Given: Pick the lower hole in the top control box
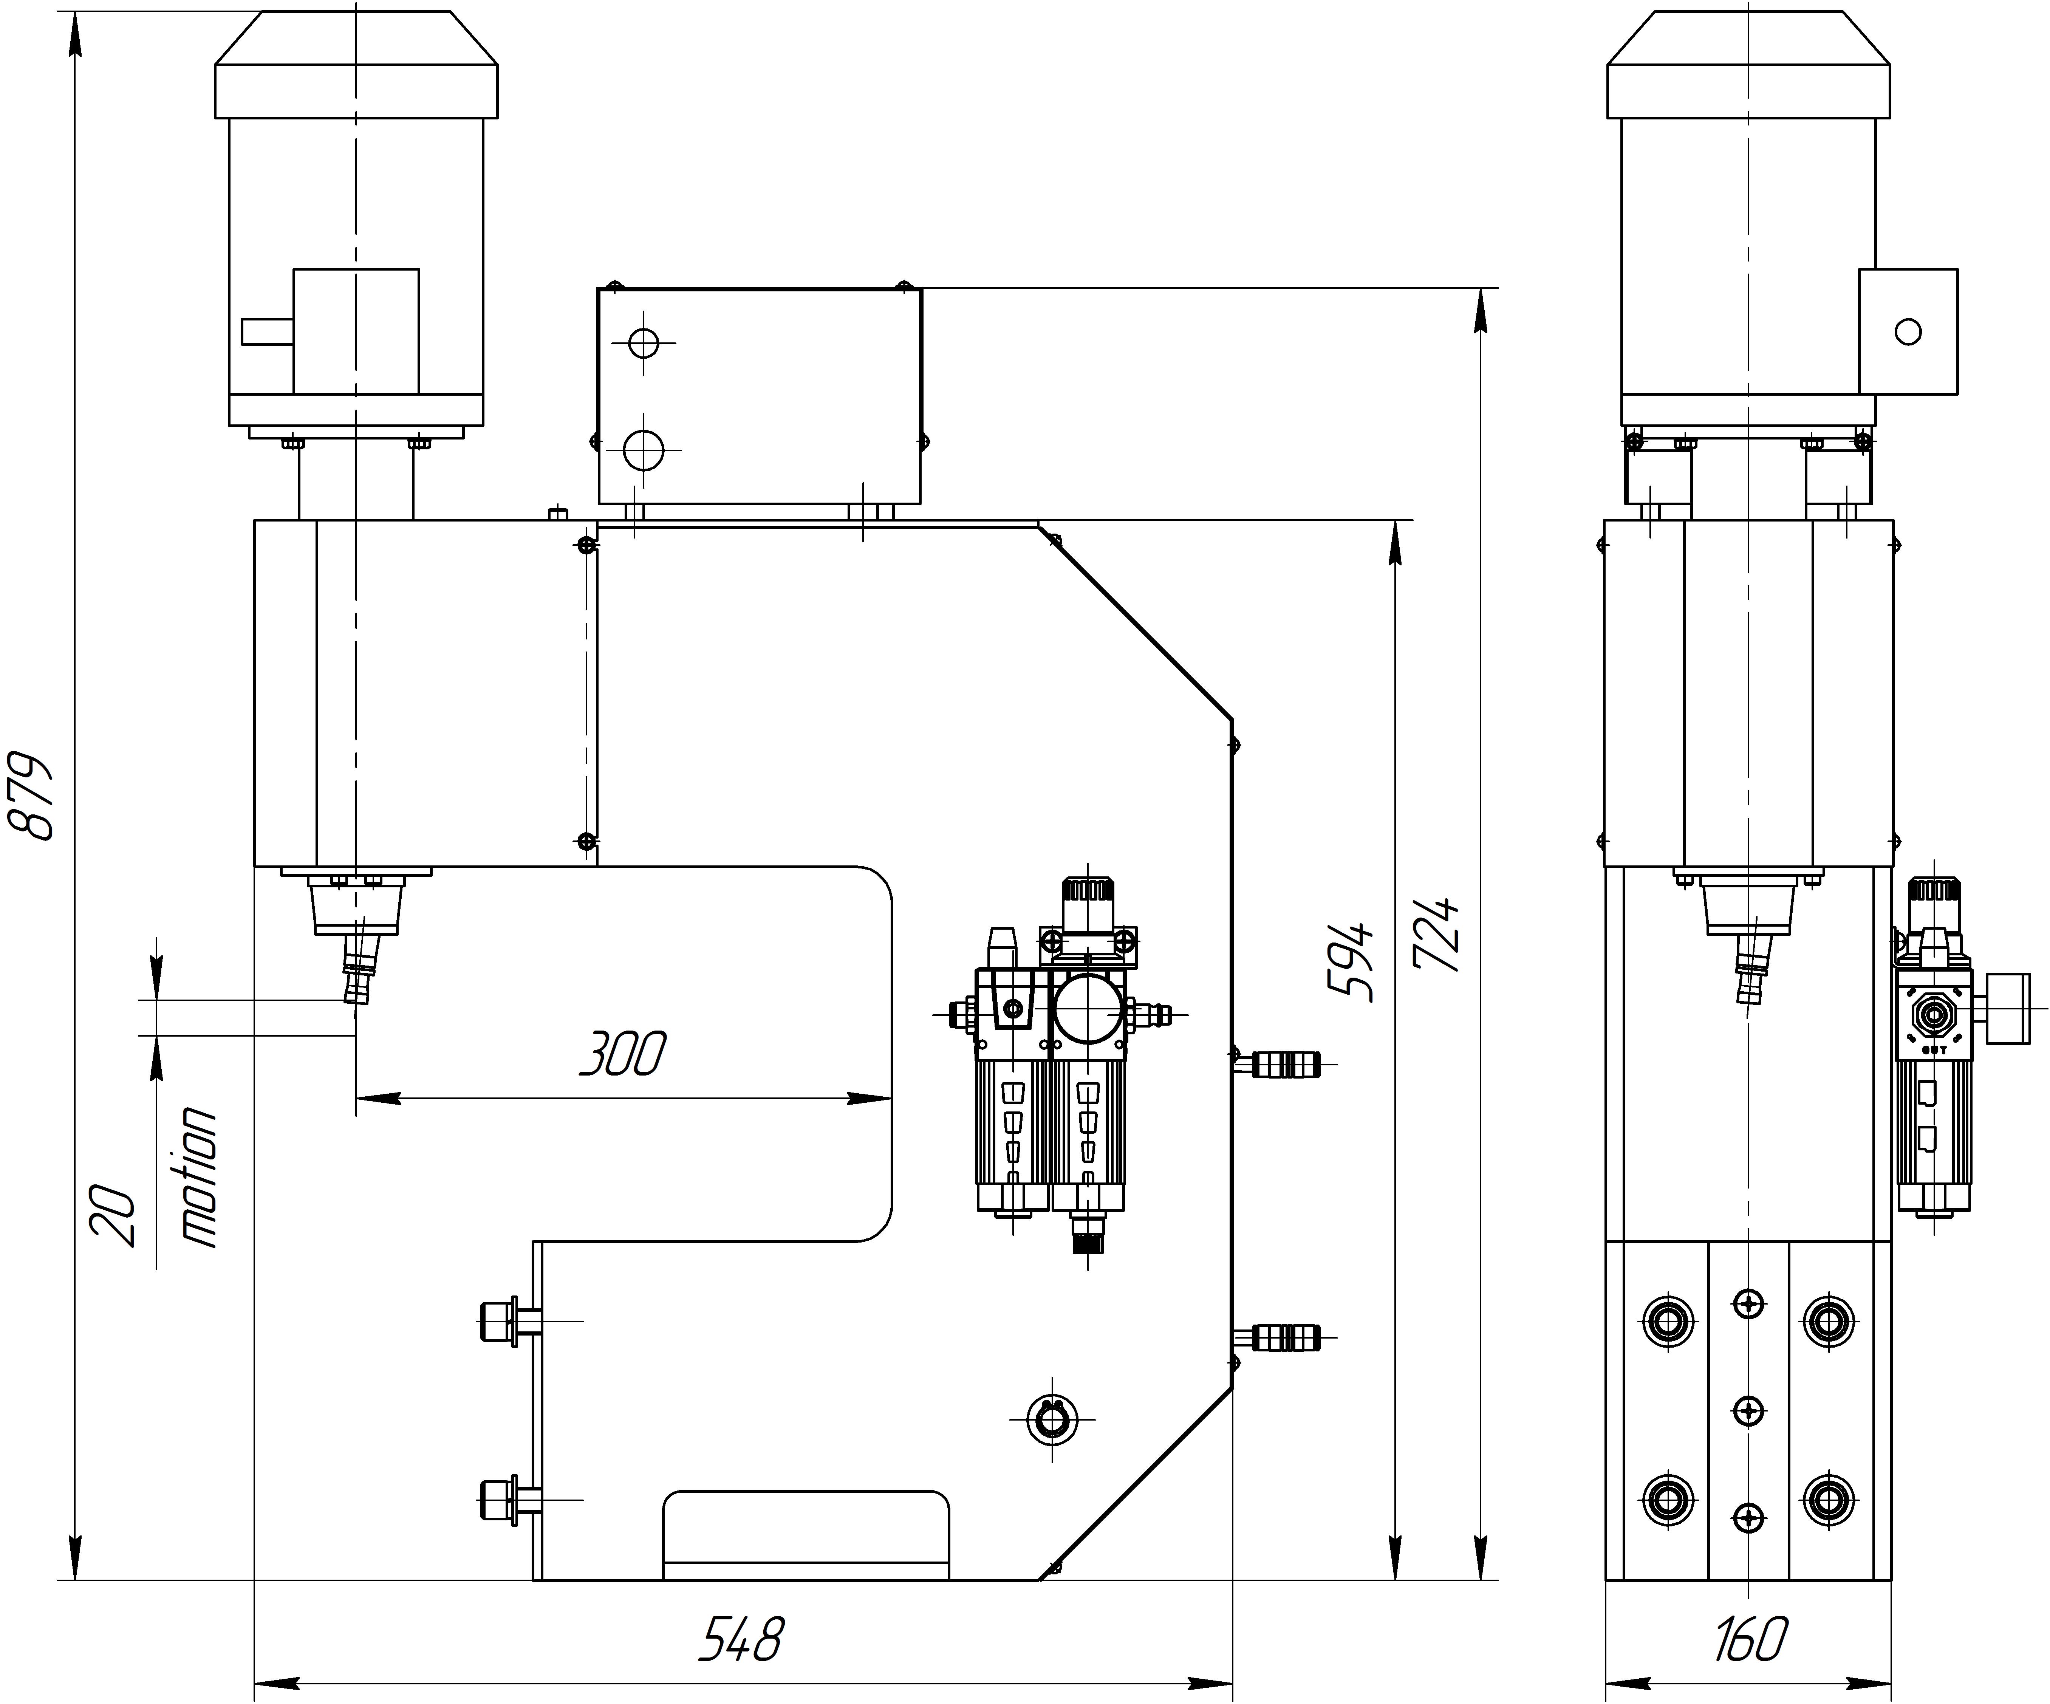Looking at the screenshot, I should (643, 450).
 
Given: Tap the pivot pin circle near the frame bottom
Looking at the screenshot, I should (1052, 1419).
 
